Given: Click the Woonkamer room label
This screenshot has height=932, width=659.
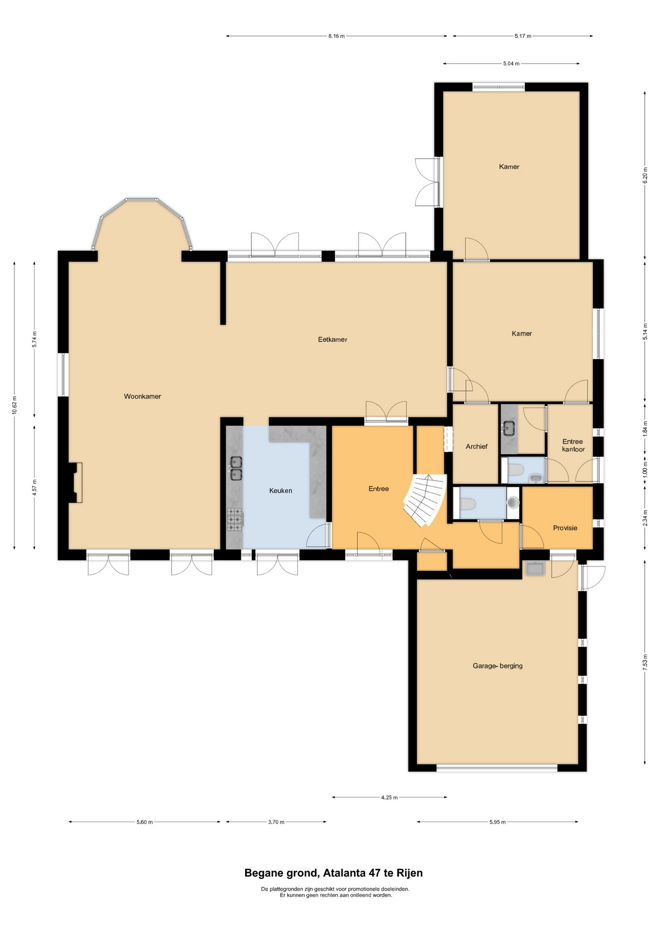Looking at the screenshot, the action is pyautogui.click(x=142, y=396).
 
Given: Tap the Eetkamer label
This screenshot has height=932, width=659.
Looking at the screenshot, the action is pyautogui.click(x=332, y=339).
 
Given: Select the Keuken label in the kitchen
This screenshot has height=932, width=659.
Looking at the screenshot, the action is pyautogui.click(x=280, y=490).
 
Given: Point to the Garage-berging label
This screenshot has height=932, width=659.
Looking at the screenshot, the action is pyautogui.click(x=497, y=666).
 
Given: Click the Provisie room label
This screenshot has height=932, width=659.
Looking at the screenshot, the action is pyautogui.click(x=565, y=528).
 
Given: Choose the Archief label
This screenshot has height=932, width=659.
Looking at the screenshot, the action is pyautogui.click(x=477, y=446).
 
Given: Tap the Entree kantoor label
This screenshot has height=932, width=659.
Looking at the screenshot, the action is pyautogui.click(x=573, y=445).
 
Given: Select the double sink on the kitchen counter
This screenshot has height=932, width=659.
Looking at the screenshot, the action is pyautogui.click(x=236, y=468).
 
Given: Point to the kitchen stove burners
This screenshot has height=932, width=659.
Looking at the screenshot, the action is pyautogui.click(x=234, y=519).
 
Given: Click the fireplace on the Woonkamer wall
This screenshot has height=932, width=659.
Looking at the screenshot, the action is pyautogui.click(x=75, y=482).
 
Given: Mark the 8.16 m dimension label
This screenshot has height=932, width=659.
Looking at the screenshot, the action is pyautogui.click(x=336, y=36).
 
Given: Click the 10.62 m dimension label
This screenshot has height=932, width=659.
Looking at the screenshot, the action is pyautogui.click(x=15, y=405).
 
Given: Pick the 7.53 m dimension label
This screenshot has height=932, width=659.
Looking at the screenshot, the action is pyautogui.click(x=645, y=662).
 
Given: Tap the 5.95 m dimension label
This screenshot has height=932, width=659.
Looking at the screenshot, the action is pyautogui.click(x=497, y=822).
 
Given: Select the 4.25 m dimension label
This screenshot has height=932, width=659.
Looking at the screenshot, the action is pyautogui.click(x=389, y=797).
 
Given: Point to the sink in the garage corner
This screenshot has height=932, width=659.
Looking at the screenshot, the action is pyautogui.click(x=534, y=568).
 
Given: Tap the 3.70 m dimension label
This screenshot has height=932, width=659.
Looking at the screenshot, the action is pyautogui.click(x=276, y=822).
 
